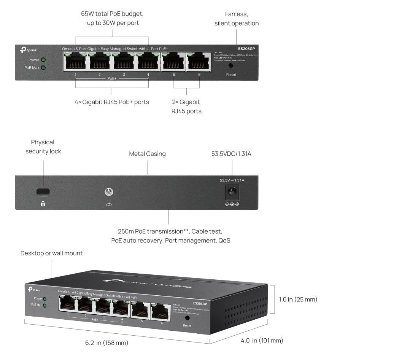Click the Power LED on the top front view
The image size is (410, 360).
(43, 60)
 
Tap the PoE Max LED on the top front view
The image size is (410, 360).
(43, 68)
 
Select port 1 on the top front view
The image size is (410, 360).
(75, 62)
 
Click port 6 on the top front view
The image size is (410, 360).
(199, 62)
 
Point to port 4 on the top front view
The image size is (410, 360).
(148, 62)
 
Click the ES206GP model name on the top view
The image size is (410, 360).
(246, 49)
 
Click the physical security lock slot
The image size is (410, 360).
(43, 191)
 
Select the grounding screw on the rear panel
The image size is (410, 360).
(109, 192)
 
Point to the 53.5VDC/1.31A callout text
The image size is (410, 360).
(231, 154)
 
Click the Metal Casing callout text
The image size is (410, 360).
(147, 154)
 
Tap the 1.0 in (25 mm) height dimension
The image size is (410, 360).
(298, 299)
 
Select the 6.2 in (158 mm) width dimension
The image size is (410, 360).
(106, 343)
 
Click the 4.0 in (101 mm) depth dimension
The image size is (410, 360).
(262, 341)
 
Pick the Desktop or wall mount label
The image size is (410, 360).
(51, 253)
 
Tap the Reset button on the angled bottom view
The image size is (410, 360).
(187, 318)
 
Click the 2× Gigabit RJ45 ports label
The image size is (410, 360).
(186, 107)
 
